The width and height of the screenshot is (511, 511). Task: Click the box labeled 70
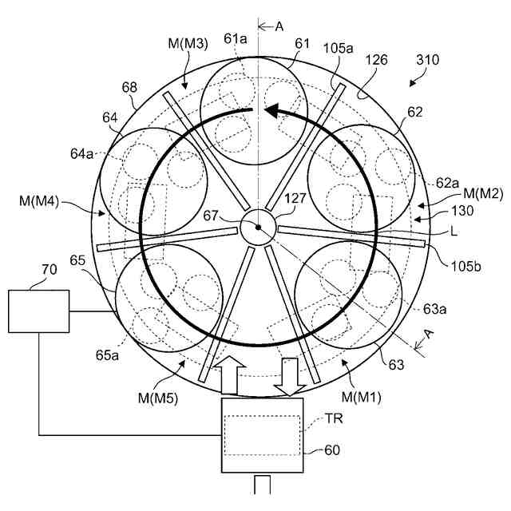click(x=38, y=311)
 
